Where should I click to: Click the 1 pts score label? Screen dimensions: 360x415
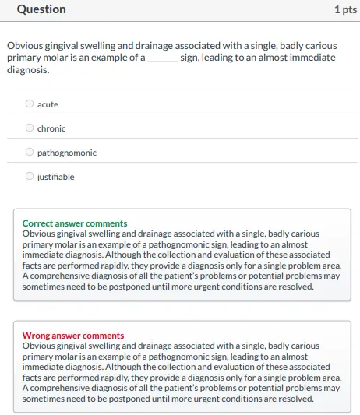(345, 9)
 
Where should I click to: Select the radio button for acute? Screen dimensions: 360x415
(30, 104)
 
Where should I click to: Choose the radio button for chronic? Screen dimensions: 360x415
(30, 128)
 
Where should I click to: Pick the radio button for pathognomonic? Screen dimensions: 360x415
(30, 153)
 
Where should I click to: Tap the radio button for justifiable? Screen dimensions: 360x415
(30, 177)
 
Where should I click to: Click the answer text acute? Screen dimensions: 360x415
(48, 104)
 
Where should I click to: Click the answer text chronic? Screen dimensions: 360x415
(51, 128)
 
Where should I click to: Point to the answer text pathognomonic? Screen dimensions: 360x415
(67, 153)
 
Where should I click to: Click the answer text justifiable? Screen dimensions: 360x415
(56, 177)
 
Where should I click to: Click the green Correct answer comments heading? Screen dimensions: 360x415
(75, 223)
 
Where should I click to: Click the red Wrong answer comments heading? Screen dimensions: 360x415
(72, 336)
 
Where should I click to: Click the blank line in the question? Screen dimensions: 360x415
(162, 58)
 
